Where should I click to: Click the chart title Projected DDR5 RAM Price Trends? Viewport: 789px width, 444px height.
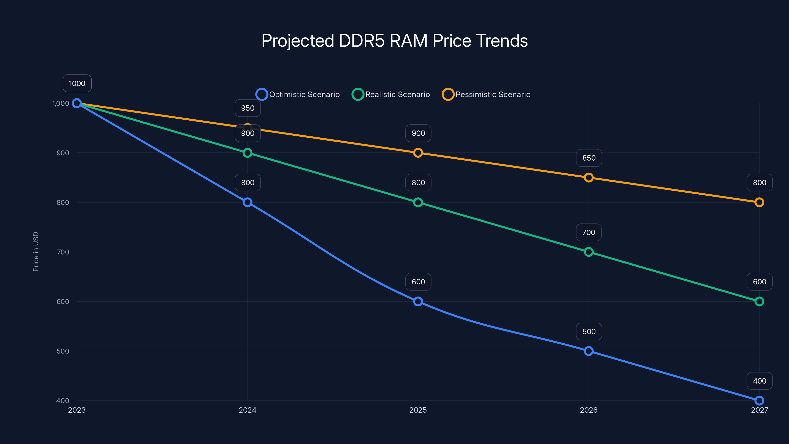[394, 41]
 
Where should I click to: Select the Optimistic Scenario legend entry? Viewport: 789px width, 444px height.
[298, 94]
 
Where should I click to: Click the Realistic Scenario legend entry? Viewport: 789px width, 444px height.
[391, 94]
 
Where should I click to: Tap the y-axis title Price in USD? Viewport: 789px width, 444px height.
[36, 251]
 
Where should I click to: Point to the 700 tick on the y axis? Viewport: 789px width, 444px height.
[63, 252]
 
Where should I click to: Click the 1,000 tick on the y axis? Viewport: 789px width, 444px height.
[61, 104]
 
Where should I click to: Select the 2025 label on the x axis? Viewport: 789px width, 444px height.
[418, 410]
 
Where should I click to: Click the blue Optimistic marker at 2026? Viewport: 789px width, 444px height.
[588, 351]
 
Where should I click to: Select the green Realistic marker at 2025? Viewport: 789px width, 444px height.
[418, 202]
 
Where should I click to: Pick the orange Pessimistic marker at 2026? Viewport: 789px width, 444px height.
[588, 177]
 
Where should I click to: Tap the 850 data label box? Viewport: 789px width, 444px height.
[589, 158]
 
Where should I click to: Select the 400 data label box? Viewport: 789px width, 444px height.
[759, 381]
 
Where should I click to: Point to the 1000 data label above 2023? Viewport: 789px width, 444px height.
[77, 83]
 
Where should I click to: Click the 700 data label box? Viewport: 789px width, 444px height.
[588, 232]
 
